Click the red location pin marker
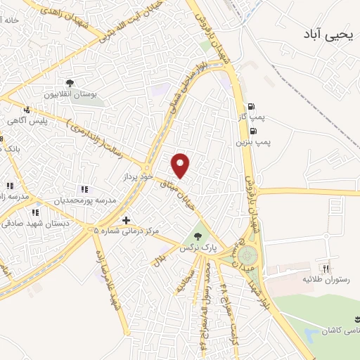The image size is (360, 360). [x=181, y=165]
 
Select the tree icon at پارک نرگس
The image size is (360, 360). [x=197, y=236]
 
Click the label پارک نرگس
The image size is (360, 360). [x=198, y=248]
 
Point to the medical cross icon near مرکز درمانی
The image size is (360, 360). [x=126, y=220]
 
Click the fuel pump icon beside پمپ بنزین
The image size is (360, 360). [x=252, y=131]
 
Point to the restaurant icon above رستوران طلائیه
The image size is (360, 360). [x=326, y=268]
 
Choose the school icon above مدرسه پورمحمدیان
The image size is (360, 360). [x=84, y=189]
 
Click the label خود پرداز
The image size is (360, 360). [x=139, y=176]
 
